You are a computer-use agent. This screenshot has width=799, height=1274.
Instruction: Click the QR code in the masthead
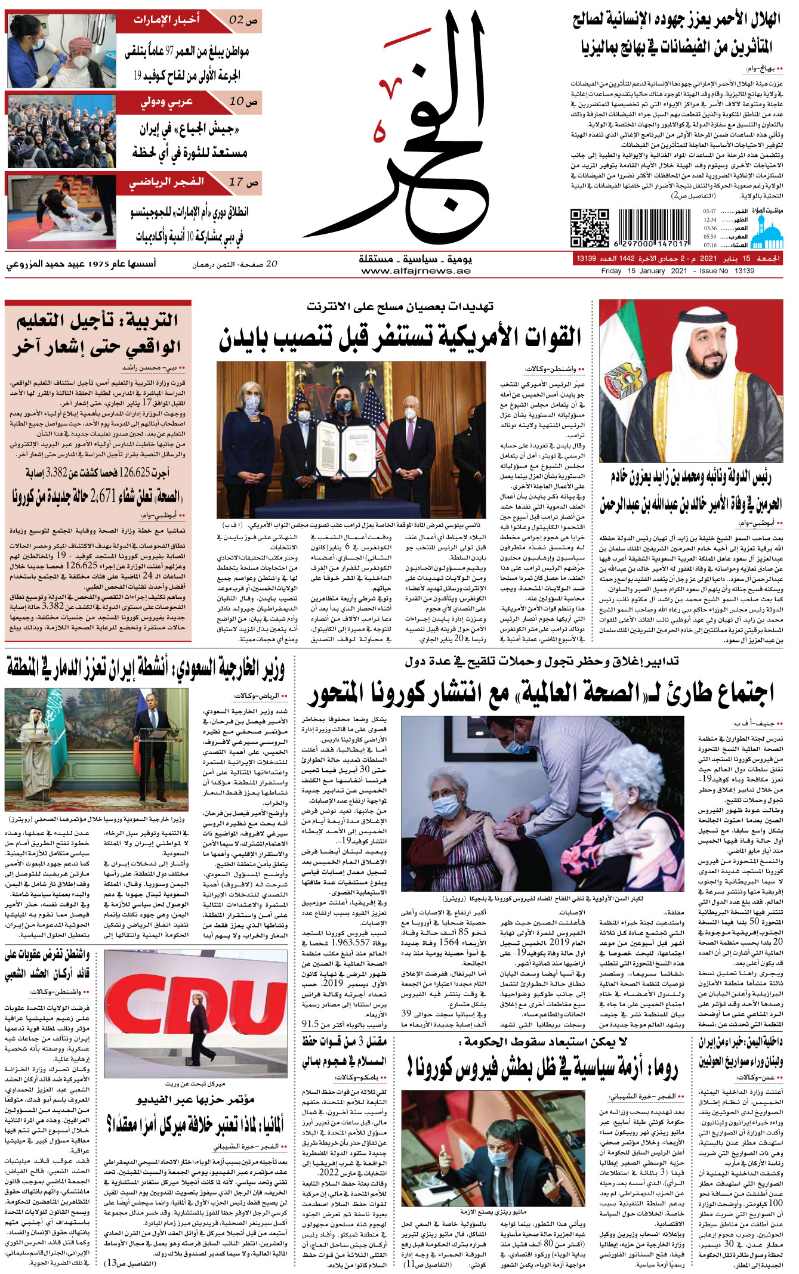pos(589,228)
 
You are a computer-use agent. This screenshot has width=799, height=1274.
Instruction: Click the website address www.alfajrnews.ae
pos(416,271)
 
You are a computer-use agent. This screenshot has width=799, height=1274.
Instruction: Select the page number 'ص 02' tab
pos(243,20)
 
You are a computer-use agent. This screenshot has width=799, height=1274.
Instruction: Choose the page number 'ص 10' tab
pos(243,102)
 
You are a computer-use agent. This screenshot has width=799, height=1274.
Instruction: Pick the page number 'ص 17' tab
pos(243,182)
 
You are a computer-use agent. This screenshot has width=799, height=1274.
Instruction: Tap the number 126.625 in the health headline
pos(143,473)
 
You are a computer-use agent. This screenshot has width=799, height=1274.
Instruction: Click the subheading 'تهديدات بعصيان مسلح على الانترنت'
pos(400,307)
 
